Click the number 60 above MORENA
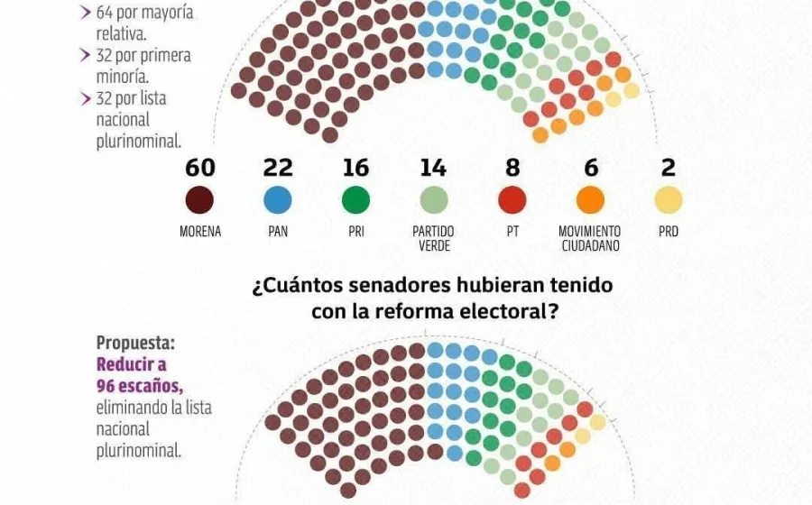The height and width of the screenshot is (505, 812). [200, 168]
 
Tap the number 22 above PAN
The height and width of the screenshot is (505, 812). [278, 168]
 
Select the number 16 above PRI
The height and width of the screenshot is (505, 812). [355, 168]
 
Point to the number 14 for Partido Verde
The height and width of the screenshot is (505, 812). [433, 168]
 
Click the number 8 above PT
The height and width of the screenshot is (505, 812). [512, 168]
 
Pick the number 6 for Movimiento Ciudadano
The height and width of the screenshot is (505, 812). [590, 168]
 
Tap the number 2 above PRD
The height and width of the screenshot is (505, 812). [669, 168]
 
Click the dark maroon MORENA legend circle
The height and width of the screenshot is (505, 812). [200, 200]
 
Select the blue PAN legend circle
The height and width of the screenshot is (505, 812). [278, 200]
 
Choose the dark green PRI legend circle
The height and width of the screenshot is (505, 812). [355, 200]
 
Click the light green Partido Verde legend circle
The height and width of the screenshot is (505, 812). [434, 200]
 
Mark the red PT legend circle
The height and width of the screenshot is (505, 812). [512, 200]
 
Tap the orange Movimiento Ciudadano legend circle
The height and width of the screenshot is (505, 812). [590, 200]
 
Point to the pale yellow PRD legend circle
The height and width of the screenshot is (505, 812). [669, 200]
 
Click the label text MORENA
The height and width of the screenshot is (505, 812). [200, 232]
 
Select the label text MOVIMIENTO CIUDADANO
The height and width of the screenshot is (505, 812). [590, 238]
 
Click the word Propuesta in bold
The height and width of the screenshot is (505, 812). [133, 344]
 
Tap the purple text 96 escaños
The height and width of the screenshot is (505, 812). [139, 386]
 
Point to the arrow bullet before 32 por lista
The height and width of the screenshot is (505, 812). [86, 98]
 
